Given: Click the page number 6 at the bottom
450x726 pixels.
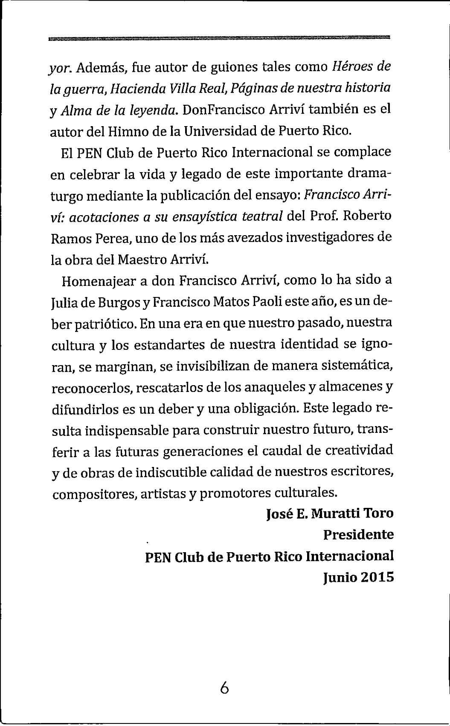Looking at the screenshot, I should (x=225, y=687).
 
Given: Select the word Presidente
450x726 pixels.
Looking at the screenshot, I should (x=358, y=534).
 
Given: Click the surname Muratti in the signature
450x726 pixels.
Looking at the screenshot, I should (x=334, y=513).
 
